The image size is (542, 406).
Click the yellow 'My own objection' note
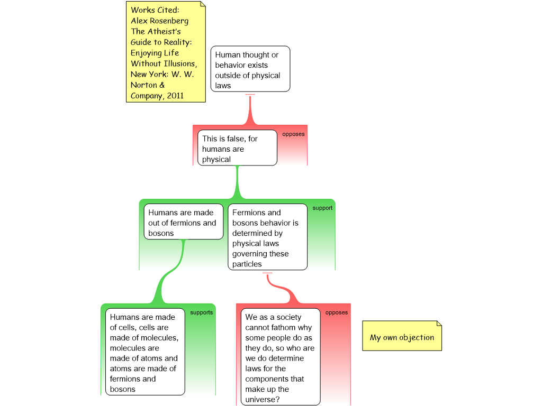(x=402, y=336)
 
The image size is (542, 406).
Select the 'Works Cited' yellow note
(x=166, y=52)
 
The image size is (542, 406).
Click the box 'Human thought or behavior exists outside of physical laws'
(x=250, y=69)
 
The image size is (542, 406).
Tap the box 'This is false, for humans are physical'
(x=237, y=148)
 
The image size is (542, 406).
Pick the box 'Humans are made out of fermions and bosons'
(x=184, y=222)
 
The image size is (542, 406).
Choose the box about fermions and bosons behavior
(x=267, y=237)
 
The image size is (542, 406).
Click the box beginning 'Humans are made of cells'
(x=145, y=352)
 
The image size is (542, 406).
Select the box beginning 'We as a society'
(x=281, y=357)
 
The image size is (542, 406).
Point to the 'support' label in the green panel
(x=322, y=208)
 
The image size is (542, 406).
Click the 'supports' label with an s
(x=202, y=312)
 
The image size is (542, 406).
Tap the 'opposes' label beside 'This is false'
(x=293, y=134)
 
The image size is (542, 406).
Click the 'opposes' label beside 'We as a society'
(x=336, y=313)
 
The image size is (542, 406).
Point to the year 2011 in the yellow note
(x=175, y=96)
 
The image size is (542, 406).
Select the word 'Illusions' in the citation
(x=180, y=63)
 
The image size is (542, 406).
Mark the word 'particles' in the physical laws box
(x=247, y=264)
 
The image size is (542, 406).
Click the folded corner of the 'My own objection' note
(x=439, y=323)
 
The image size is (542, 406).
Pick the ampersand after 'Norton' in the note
(x=162, y=85)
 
